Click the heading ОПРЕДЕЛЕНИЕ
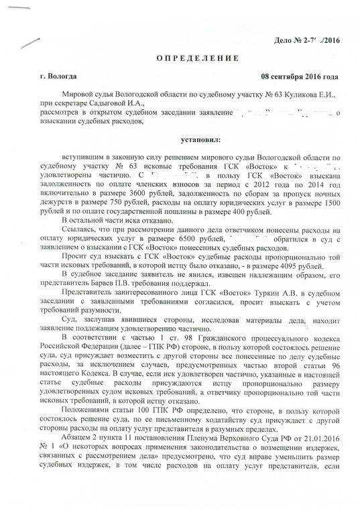point(182,60)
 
